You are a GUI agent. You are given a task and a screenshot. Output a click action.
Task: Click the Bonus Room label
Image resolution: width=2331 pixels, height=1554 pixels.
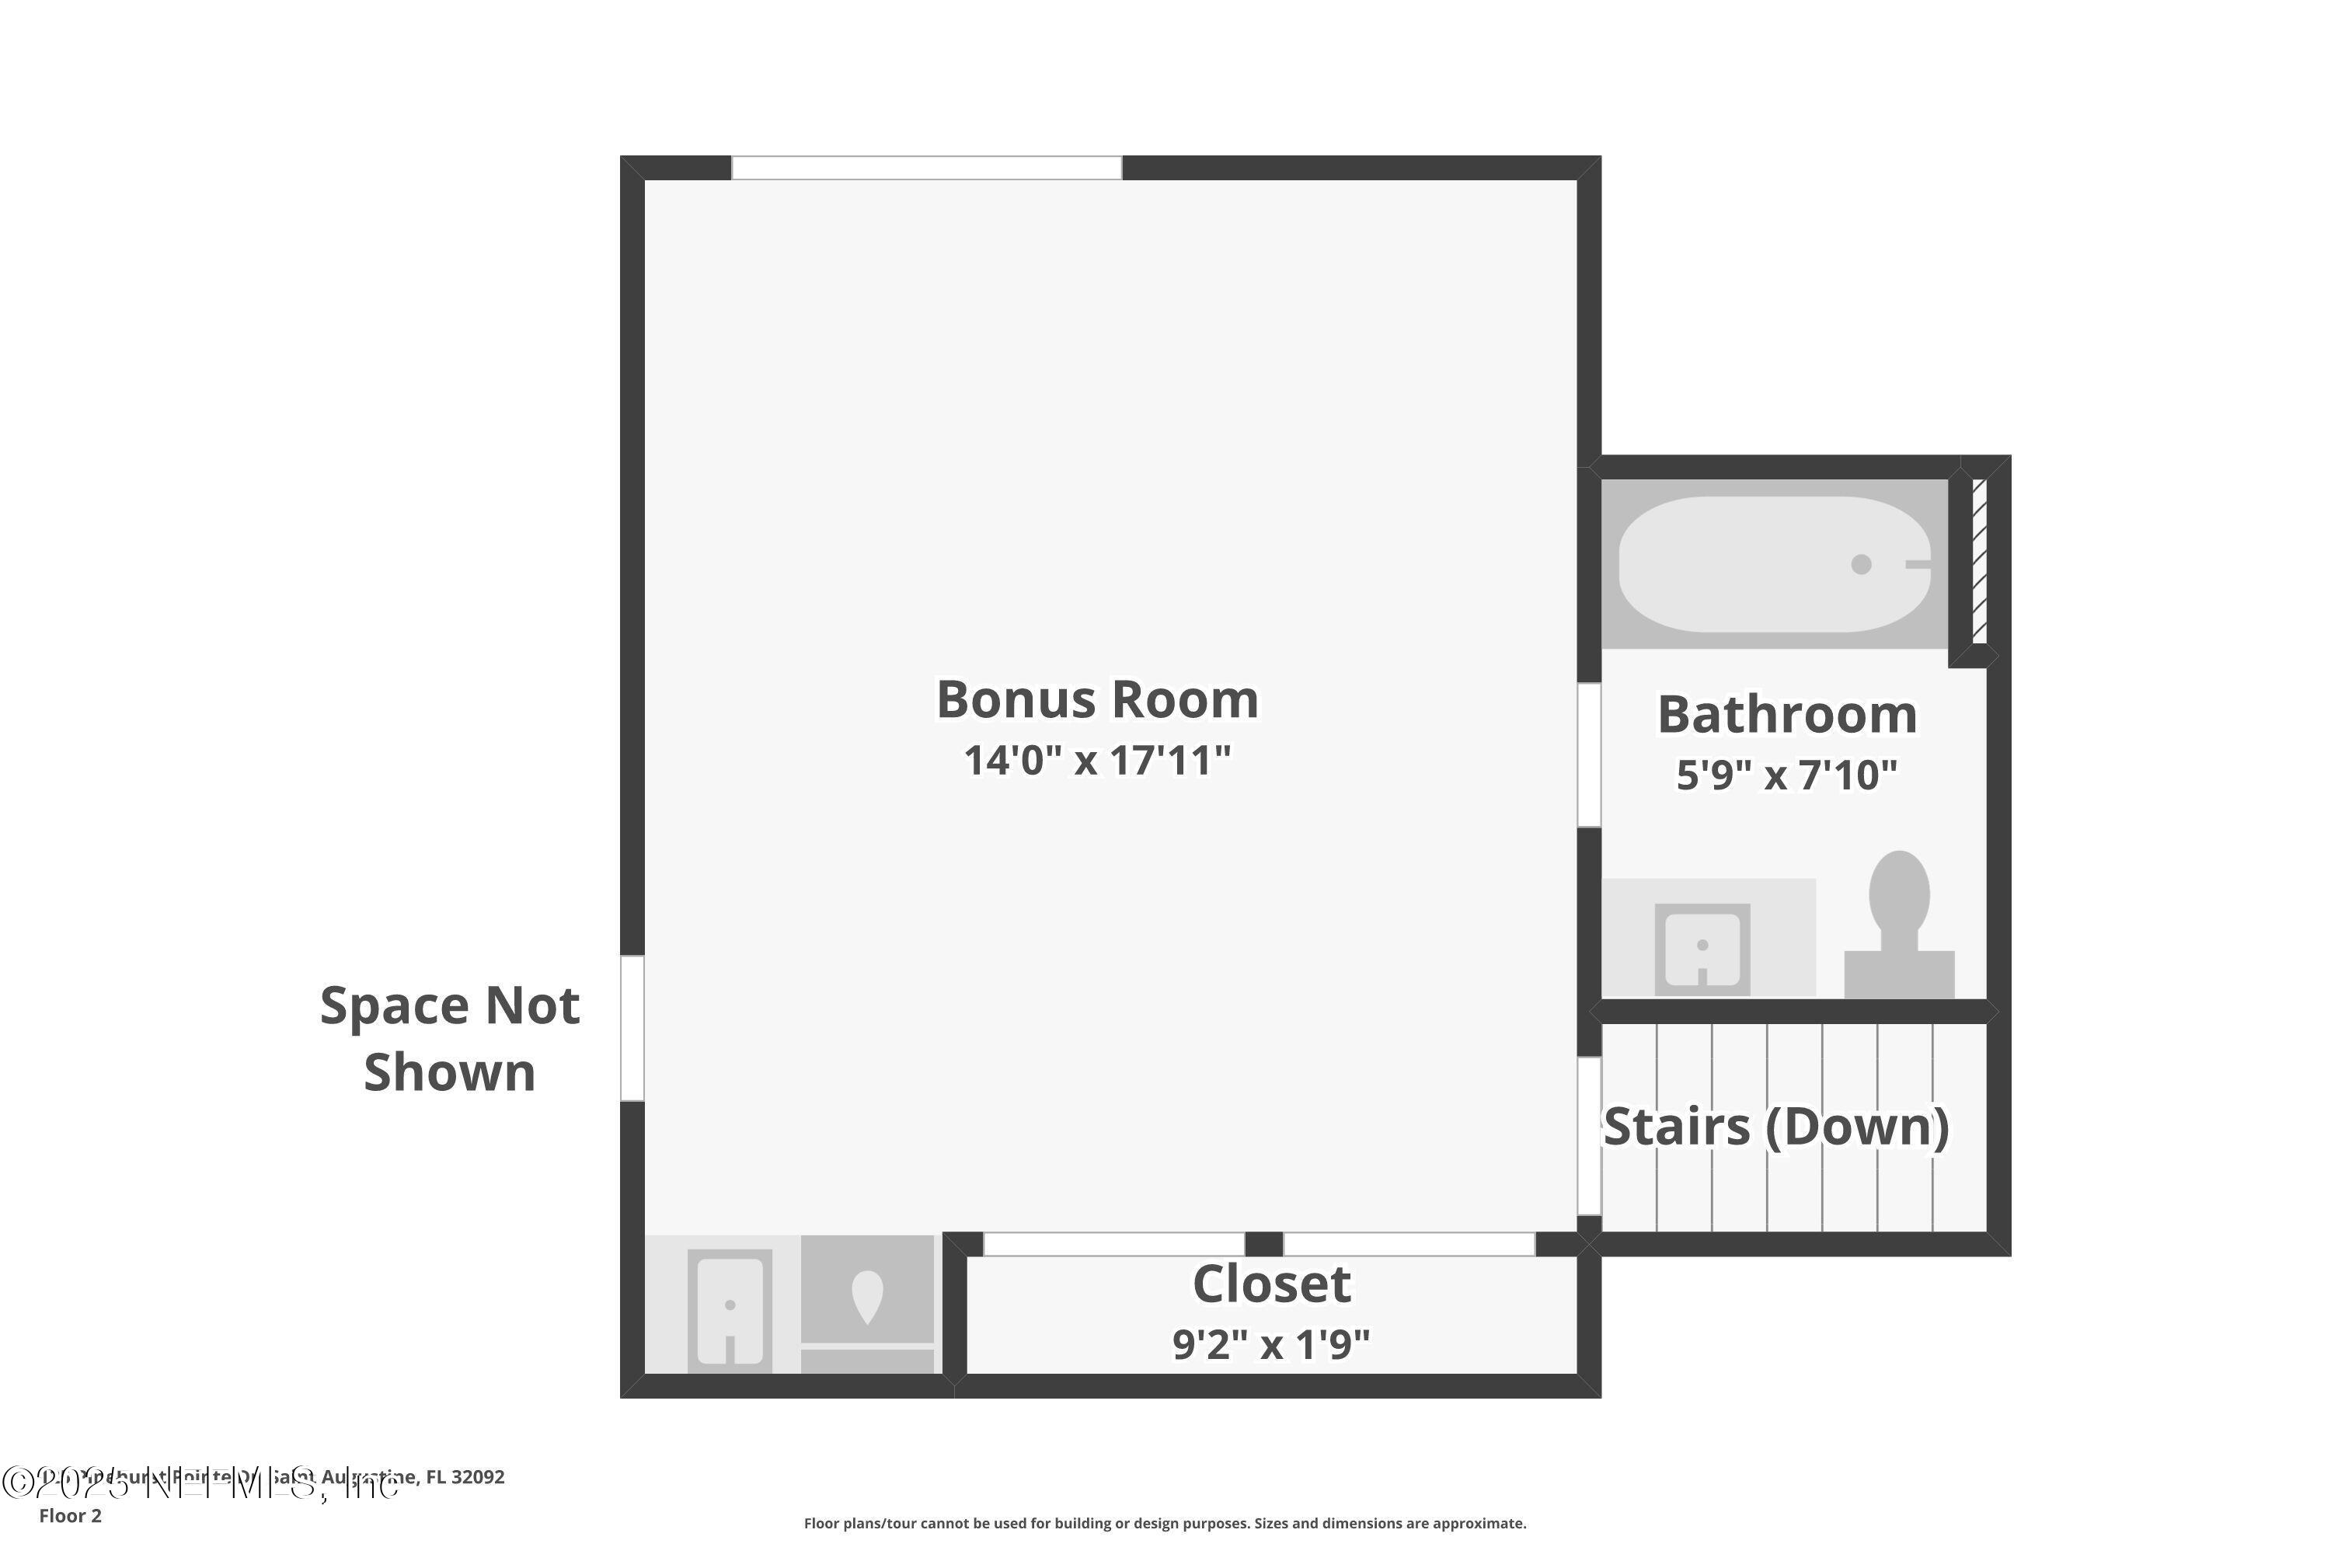click(x=1097, y=700)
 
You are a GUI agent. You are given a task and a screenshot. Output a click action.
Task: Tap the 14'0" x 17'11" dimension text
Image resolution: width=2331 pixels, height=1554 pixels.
click(x=1097, y=761)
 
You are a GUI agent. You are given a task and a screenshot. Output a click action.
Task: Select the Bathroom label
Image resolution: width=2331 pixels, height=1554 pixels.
click(x=1787, y=715)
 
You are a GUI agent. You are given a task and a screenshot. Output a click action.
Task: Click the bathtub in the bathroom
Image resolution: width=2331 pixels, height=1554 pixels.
click(x=1774, y=564)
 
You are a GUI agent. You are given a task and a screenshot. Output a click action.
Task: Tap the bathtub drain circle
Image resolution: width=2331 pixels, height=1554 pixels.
click(x=1861, y=564)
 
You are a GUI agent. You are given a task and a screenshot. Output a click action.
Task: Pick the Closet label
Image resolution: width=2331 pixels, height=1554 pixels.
click(x=1270, y=1284)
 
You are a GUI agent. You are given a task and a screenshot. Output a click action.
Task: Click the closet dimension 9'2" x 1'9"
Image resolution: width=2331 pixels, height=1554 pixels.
click(x=1270, y=1345)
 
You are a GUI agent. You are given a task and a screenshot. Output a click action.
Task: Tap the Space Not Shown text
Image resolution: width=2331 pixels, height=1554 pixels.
click(x=450, y=1039)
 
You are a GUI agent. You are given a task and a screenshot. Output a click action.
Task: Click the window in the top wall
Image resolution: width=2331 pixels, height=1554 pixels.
click(x=927, y=168)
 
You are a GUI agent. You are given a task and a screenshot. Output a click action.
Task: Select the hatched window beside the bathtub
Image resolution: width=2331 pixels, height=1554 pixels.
click(x=1979, y=562)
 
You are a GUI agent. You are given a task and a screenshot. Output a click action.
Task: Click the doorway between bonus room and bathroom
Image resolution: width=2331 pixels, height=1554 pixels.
click(x=1589, y=755)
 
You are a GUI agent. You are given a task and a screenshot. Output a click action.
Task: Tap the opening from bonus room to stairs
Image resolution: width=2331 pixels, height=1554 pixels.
click(x=1589, y=1137)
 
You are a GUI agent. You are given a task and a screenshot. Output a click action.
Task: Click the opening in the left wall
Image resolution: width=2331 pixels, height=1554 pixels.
click(x=632, y=1028)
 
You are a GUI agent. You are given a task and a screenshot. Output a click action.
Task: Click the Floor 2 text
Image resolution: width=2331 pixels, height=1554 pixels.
click(x=71, y=1515)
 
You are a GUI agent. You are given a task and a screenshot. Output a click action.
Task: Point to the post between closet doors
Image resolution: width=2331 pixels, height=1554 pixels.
click(x=1263, y=1244)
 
